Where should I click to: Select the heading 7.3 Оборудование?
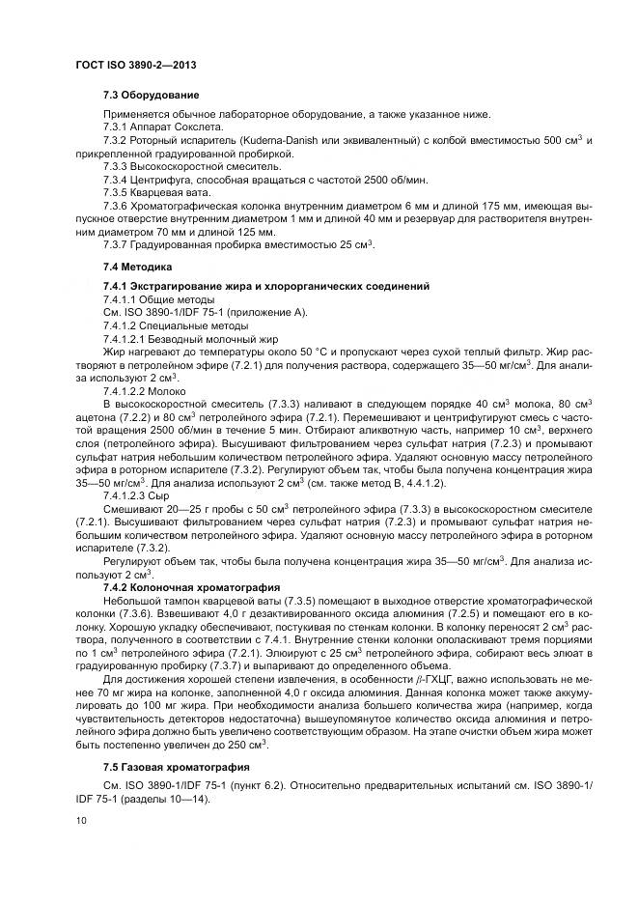pyautogui.click(x=151, y=95)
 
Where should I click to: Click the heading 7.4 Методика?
pyautogui.click(x=138, y=266)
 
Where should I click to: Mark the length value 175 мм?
pyautogui.click(x=475, y=207)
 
